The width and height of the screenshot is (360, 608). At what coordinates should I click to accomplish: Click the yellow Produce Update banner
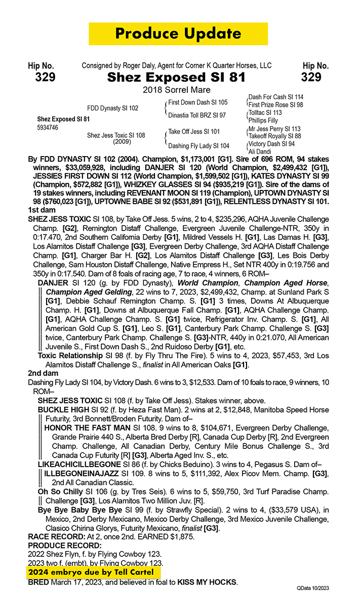178,33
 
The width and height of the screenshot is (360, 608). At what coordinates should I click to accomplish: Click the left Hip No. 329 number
45,77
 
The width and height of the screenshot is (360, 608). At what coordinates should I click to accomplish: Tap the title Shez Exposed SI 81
176,78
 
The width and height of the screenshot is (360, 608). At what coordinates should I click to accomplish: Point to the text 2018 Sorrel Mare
176,90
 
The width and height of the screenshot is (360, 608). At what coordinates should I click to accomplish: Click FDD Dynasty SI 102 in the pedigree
112,108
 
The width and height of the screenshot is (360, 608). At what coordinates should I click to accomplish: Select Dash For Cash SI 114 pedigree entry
275,97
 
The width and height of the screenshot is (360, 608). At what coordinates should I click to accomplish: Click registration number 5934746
48,128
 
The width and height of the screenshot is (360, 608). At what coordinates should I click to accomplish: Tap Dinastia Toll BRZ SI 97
197,115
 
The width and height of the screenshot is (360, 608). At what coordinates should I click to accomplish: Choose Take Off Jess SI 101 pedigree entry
194,132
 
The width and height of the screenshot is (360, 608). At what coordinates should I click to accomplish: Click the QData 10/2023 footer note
313,588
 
